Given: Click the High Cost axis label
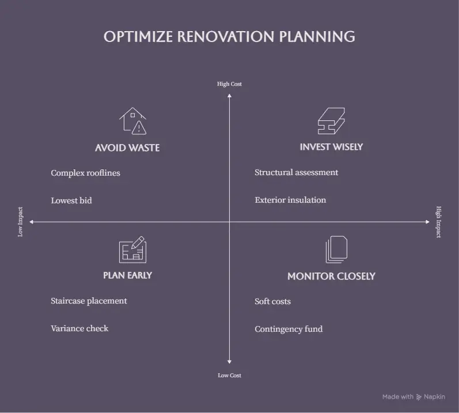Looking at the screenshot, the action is [229, 84].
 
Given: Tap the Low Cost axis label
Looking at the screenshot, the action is [229, 375].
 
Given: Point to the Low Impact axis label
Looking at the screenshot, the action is [20, 222].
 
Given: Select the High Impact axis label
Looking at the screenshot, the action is [438, 222].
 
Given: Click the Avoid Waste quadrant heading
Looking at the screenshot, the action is [127, 148].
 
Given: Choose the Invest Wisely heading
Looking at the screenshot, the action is [331, 147].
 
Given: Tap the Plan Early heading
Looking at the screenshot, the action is [127, 275].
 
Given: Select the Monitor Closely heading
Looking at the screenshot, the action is [331, 276].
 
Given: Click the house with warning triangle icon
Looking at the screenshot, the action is [132, 121].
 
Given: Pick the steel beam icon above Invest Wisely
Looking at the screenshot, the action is [331, 121].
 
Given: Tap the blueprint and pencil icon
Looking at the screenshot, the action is [132, 249].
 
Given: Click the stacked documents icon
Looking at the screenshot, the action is [337, 249].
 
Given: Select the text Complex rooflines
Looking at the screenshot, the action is [85, 173].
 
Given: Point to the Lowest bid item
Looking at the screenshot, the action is [71, 200].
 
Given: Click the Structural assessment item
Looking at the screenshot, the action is [296, 172].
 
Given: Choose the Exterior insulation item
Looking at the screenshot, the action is [290, 200].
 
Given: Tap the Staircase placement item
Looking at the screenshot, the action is [89, 301].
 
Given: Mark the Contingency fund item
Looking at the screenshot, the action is [289, 329].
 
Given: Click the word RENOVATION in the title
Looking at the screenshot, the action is [226, 37].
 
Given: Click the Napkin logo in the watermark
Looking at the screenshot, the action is [419, 397].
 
